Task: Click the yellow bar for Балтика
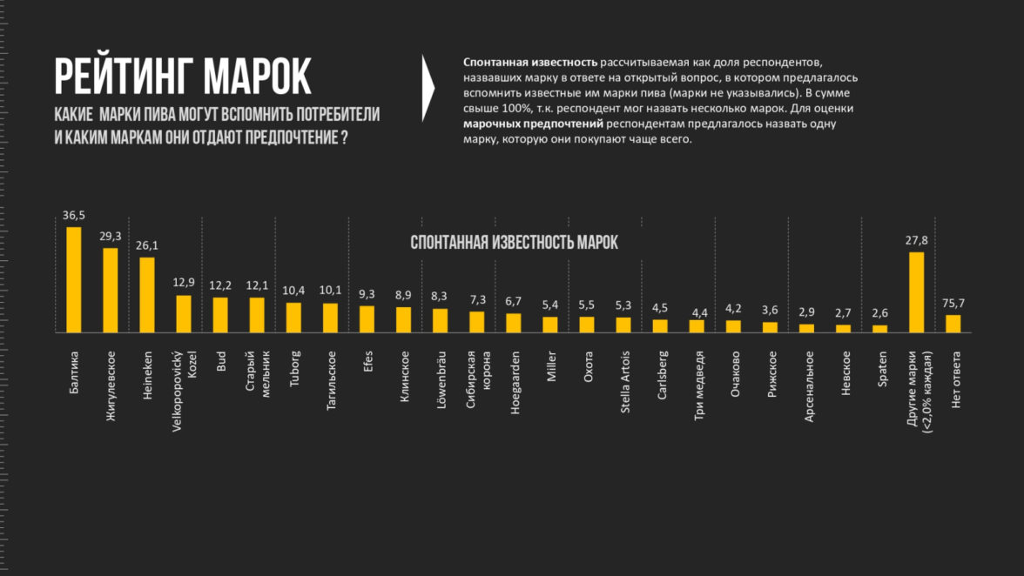point(74,279)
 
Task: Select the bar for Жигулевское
point(111,290)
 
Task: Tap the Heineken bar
point(147,294)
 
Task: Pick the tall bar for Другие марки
point(916,291)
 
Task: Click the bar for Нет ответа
point(953,323)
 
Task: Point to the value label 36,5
point(74,215)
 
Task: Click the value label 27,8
point(916,240)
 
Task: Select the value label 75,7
point(953,303)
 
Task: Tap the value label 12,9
point(184,283)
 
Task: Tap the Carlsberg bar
point(660,325)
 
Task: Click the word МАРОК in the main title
point(257,77)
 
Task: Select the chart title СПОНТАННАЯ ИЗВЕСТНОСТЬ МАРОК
point(514,243)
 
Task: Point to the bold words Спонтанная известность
point(530,63)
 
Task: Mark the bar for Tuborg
point(293,317)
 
